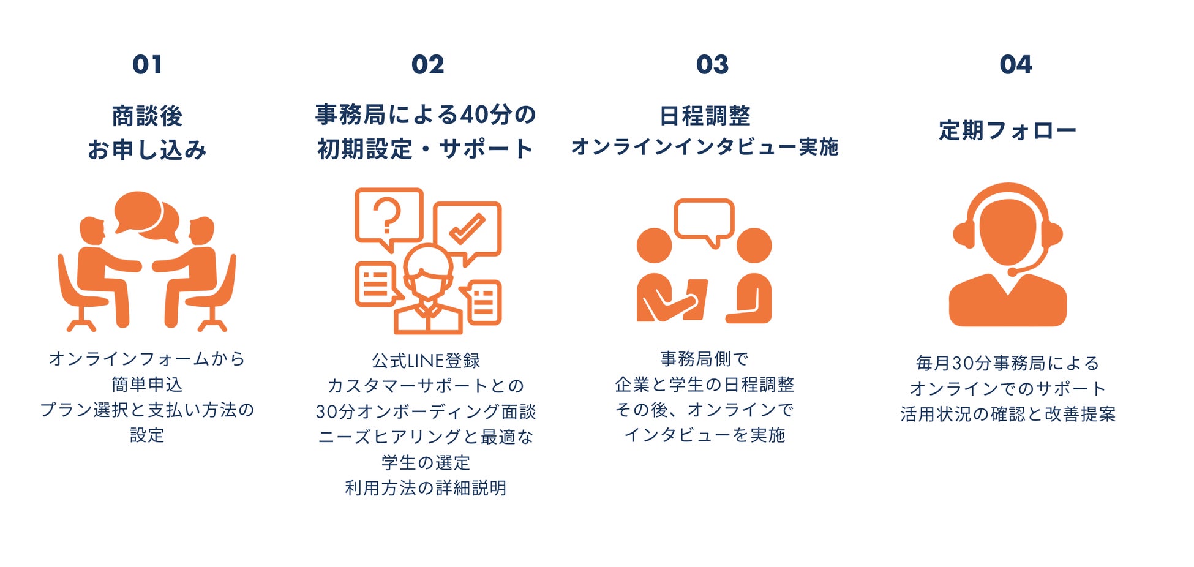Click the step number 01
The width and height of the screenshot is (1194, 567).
(147, 64)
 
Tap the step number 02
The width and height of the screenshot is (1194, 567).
(427, 64)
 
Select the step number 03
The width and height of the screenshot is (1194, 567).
(712, 64)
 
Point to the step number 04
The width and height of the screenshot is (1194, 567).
(1015, 64)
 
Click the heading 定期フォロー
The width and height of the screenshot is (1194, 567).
(1007, 130)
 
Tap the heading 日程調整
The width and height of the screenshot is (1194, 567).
(705, 115)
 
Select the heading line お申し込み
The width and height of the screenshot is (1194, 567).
(147, 149)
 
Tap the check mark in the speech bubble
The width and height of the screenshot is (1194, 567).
(467, 228)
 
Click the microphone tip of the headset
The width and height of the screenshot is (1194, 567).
(1012, 271)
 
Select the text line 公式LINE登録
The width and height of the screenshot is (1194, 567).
(426, 361)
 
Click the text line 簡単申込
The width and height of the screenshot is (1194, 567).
(147, 385)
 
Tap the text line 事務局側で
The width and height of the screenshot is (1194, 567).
(704, 359)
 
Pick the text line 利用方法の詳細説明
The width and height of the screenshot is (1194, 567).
(426, 488)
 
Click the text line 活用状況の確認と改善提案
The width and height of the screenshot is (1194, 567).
(1008, 415)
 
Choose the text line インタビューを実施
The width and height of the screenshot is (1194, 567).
(704, 435)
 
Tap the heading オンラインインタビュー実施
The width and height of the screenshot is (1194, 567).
(704, 147)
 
